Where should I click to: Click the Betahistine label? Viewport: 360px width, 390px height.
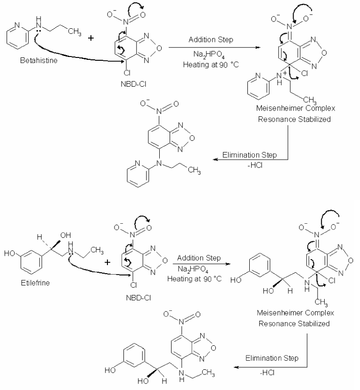[x=39, y=60]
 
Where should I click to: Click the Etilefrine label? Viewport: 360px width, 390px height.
[x=35, y=283]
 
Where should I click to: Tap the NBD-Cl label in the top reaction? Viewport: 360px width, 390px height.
[x=133, y=84]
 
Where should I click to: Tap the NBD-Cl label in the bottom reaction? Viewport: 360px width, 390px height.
[x=139, y=298]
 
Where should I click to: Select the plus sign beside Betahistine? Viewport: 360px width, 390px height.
[x=91, y=38]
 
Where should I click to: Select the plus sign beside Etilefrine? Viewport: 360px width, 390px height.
[x=107, y=262]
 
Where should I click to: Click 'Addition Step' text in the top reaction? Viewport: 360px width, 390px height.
[x=211, y=40]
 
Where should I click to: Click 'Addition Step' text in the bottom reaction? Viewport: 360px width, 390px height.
[x=199, y=258]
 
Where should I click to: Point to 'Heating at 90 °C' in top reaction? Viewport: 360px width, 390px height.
[x=211, y=65]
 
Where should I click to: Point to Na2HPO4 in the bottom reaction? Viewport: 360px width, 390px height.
[x=193, y=269]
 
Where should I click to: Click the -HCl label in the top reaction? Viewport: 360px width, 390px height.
[x=255, y=165]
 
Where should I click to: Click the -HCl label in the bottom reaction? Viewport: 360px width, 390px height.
[x=267, y=373]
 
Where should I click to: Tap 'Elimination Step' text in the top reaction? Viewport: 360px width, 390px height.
[x=249, y=155]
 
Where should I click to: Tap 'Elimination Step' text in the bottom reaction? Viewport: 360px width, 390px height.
[x=272, y=358]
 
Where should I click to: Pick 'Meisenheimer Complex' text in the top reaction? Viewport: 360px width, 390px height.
[x=295, y=108]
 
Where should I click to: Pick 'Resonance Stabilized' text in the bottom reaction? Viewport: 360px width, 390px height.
[x=294, y=324]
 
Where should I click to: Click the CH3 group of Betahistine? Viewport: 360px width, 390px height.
[x=74, y=32]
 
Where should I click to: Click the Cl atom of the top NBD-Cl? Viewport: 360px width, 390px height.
[x=127, y=73]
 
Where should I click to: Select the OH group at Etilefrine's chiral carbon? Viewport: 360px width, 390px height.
[x=65, y=236]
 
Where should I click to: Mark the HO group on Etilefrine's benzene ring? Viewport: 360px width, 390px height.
[x=10, y=253]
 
